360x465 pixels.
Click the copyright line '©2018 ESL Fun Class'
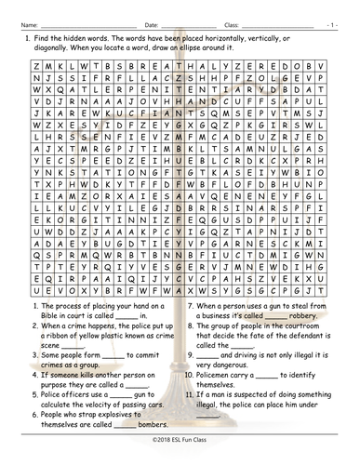click(x=180, y=454)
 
